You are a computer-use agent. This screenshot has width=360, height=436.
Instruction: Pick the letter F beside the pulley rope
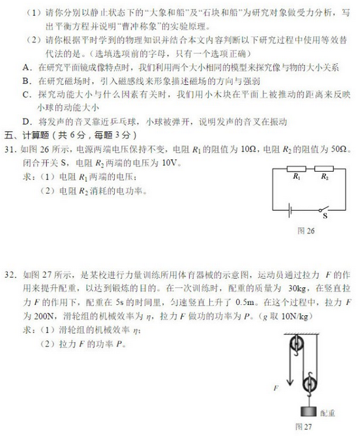[277, 388]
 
